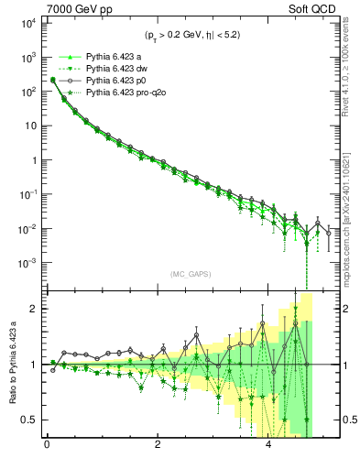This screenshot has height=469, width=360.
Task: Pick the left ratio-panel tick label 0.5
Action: tap(29, 420)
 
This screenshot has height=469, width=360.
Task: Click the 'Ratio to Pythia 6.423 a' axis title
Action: tap(11, 364)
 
